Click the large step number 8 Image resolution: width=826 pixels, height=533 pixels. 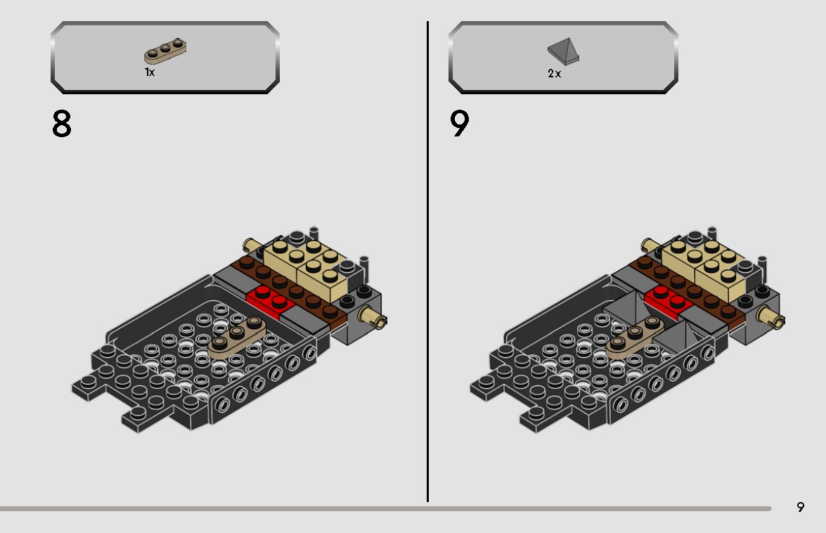tap(62, 124)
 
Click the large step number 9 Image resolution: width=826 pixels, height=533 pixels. tap(459, 123)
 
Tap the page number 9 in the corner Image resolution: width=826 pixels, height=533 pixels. tap(800, 507)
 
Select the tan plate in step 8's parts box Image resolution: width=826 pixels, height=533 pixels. tap(165, 51)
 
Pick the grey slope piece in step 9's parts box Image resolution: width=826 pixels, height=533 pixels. tap(563, 51)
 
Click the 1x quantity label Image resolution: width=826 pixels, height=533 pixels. tap(150, 72)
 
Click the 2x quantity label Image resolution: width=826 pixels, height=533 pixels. tap(554, 74)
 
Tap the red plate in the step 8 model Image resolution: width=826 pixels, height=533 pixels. tap(271, 301)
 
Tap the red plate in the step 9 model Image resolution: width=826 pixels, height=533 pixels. tap(668, 300)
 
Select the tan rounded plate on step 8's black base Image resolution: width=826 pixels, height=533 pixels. tap(237, 337)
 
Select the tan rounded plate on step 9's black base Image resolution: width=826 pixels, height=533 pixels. tap(635, 337)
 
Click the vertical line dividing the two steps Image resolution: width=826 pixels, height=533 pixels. tap(427, 262)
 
